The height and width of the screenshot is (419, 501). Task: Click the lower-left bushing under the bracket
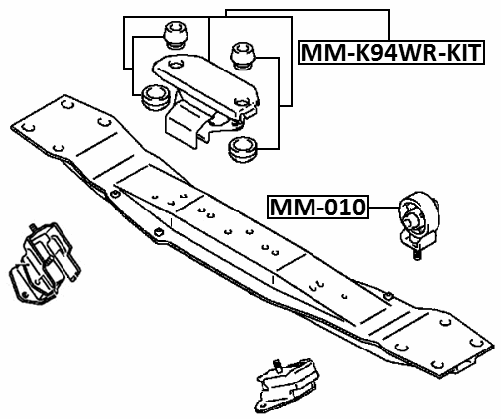154,99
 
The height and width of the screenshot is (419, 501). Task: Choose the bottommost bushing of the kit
241,150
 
